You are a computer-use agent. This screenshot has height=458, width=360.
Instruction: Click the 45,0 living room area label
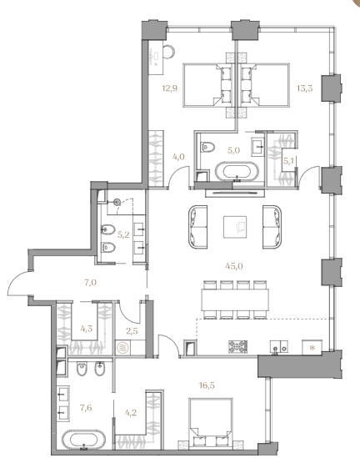pos(234,266)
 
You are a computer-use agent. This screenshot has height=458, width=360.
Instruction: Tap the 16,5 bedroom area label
pos(207,385)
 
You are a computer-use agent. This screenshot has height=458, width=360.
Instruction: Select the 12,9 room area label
pos(170,88)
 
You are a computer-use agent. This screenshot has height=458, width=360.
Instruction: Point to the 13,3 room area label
pos(305,88)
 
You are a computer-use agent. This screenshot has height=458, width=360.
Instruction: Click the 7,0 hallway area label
pos(91,283)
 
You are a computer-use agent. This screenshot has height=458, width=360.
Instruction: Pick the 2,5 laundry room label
pos(132,331)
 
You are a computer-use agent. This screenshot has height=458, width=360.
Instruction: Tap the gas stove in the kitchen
pos(237,347)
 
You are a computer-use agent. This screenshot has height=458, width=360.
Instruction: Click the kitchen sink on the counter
pos(279,347)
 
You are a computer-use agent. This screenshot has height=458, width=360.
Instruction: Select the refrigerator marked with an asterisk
pos(312,347)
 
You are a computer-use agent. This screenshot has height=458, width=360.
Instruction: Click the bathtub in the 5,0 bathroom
pos(237,172)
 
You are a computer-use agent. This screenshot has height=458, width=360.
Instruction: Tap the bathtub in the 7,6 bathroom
pos(83,440)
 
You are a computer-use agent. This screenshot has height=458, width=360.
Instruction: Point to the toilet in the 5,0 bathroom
pos(207,147)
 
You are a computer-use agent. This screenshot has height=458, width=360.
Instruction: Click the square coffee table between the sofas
pos(235,227)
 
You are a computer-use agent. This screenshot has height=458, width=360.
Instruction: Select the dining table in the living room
pos(235,299)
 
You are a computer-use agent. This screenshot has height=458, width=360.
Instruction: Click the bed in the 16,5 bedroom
pos(211,423)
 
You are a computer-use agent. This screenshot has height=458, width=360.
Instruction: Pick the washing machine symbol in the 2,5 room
pos(121,348)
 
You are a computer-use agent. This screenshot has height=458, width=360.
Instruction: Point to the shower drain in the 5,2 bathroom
pos(117,201)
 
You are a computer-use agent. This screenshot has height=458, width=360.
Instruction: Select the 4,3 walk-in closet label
pos(87,329)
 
